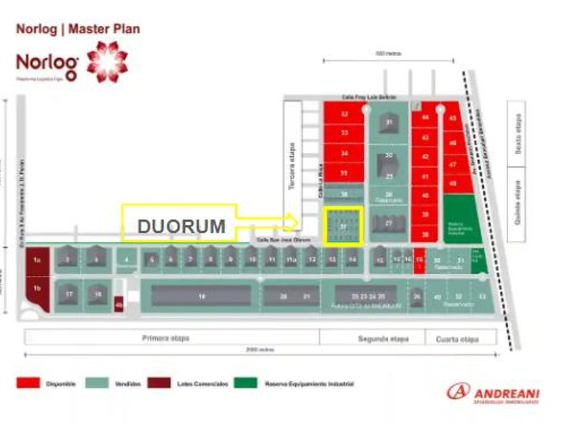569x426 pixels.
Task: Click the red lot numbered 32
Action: (344, 114)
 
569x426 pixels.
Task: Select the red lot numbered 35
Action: (344, 174)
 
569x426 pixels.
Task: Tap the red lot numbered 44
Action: (425, 118)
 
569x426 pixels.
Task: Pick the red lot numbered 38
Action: (425, 234)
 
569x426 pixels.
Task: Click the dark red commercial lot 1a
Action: (37, 260)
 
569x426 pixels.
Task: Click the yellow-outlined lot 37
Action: (343, 226)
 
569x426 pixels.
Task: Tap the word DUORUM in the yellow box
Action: (182, 227)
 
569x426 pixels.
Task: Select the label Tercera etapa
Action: (293, 166)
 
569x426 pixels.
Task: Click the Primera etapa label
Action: (166, 337)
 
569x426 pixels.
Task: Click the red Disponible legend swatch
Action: (27, 383)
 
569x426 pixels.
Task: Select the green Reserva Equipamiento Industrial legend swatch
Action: (246, 383)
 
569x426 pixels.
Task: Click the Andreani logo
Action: (492, 392)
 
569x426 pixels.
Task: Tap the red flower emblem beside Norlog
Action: (106, 62)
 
